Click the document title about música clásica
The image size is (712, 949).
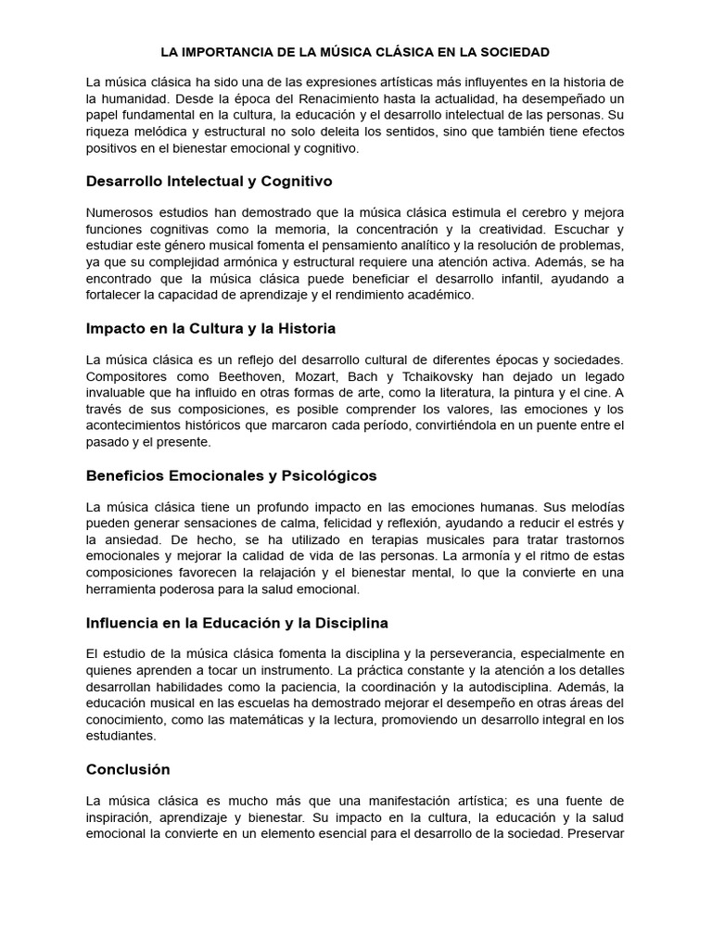[x=356, y=52]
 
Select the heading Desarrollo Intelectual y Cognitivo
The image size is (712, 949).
[x=209, y=181]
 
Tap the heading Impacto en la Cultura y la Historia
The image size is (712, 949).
[x=210, y=328]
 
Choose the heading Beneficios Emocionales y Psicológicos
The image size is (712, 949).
[x=231, y=475]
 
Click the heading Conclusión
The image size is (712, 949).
[x=128, y=769]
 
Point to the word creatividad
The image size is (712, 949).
[x=528, y=229]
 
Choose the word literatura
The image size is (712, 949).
[x=495, y=393]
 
